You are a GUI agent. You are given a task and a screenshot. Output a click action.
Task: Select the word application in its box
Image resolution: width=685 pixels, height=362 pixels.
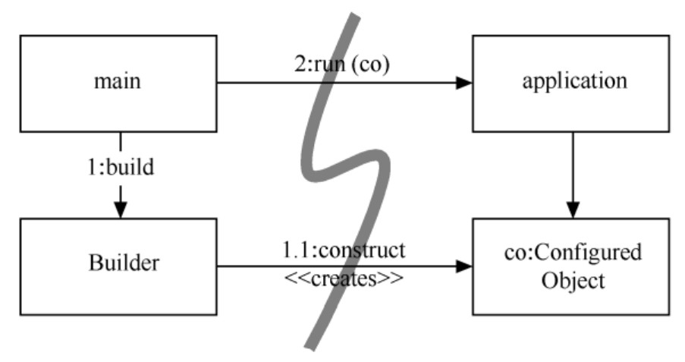pos(573,81)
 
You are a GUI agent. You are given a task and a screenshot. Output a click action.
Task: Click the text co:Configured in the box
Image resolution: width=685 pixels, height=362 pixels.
pos(573,253)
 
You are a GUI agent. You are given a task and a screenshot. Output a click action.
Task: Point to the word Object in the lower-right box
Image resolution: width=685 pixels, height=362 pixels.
pos(573,280)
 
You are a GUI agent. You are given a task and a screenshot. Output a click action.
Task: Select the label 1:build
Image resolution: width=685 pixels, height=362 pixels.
pos(119,167)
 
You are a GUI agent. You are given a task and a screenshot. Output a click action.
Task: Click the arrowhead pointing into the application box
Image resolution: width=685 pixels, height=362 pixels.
pos(463,83)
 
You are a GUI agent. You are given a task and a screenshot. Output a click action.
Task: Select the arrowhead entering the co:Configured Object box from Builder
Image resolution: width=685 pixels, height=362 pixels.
pos(463,266)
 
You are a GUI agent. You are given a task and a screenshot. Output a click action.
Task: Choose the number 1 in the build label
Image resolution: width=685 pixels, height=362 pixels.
pos(90,167)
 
